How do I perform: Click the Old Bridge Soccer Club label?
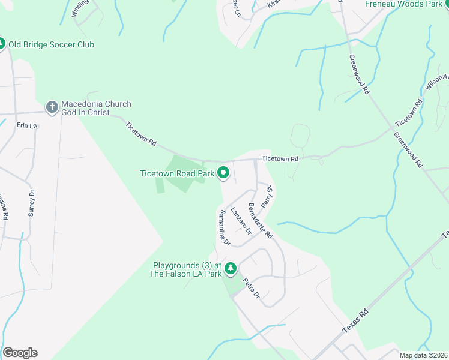click(51, 44)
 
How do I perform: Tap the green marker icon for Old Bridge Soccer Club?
click(1, 44)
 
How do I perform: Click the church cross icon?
click(52, 107)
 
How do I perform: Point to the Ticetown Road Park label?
click(177, 173)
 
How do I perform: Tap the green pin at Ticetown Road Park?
click(223, 173)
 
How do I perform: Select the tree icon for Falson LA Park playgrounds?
click(231, 268)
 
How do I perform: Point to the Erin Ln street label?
click(27, 125)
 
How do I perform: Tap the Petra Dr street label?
click(251, 289)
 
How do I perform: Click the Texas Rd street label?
click(355, 322)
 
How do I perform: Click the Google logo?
click(20, 353)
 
